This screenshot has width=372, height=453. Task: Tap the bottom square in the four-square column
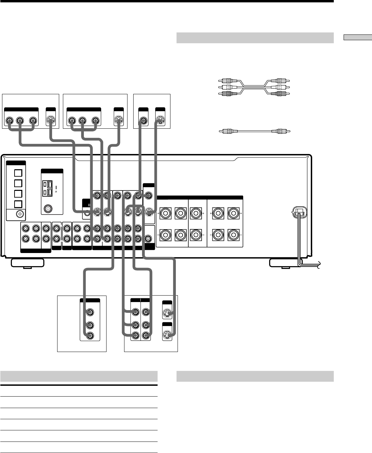[x=18, y=204]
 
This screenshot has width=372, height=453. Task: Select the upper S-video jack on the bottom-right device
[x=167, y=314]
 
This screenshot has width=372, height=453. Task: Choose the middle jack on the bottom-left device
[x=90, y=325]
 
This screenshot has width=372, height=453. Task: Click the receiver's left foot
[x=27, y=263]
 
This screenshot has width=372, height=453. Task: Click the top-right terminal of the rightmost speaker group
[x=233, y=213]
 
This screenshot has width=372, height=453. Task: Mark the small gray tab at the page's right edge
[x=357, y=37]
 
